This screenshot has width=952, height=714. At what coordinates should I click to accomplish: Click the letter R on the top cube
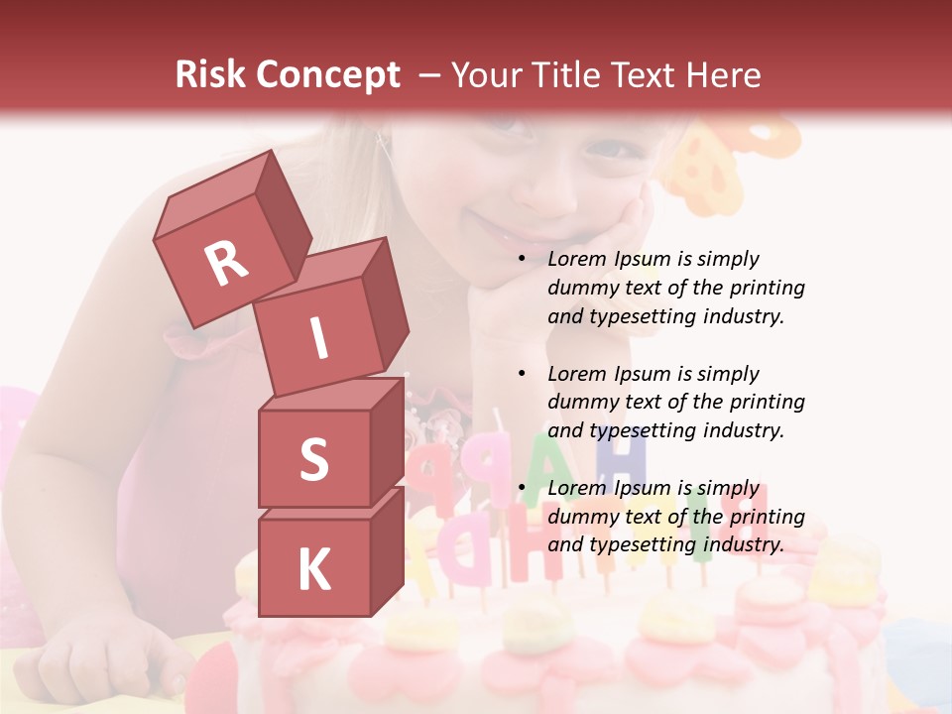226,263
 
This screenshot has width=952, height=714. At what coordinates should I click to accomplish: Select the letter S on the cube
313,460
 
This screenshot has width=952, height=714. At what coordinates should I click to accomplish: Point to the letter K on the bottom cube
313,570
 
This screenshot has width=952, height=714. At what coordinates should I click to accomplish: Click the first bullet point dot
522,260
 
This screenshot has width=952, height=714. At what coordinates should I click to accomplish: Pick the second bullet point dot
522,375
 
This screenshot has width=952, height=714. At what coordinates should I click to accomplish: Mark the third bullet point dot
522,489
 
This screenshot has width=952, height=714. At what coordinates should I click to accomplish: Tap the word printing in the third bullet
766,517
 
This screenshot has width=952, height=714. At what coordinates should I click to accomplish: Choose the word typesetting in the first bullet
644,316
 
